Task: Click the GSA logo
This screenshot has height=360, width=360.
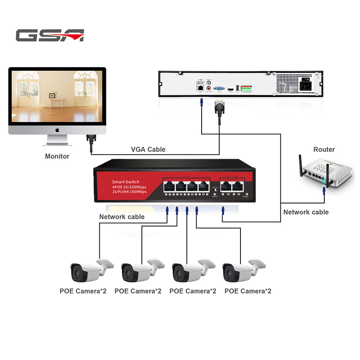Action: [50, 35]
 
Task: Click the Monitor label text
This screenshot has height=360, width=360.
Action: [57, 156]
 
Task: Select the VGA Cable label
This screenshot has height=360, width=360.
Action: [148, 149]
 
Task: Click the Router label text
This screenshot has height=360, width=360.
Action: [324, 149]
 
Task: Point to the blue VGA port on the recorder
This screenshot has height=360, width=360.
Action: [219, 88]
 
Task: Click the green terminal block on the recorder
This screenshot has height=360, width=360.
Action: [247, 88]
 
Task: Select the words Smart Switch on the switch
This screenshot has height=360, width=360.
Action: [125, 182]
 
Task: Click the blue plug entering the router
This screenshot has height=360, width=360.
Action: [324, 189]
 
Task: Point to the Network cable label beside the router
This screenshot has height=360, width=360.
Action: [306, 212]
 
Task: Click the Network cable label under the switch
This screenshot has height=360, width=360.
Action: [122, 217]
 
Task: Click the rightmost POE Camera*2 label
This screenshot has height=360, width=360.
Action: [248, 291]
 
